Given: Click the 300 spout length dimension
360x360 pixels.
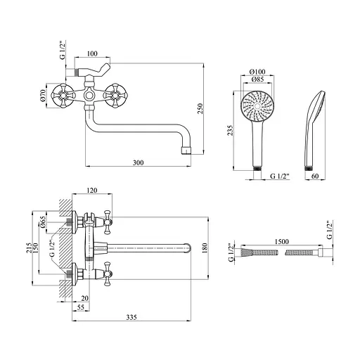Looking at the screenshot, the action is (x=138, y=162).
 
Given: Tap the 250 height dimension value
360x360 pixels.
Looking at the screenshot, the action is (x=200, y=108).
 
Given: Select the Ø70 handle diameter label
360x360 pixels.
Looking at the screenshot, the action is (x=42, y=96).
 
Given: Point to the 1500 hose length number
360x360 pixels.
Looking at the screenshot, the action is (x=282, y=241).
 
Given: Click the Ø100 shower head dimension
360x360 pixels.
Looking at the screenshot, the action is (x=257, y=72).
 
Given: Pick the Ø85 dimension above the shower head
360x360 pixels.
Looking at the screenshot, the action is (x=257, y=79).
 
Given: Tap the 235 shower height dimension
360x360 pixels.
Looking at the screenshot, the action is (x=231, y=131).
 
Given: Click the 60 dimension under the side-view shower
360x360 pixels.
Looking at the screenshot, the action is (x=316, y=176).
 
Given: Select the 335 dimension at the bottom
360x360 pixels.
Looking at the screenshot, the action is (x=131, y=317).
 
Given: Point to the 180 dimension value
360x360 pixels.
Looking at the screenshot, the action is (x=205, y=248).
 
